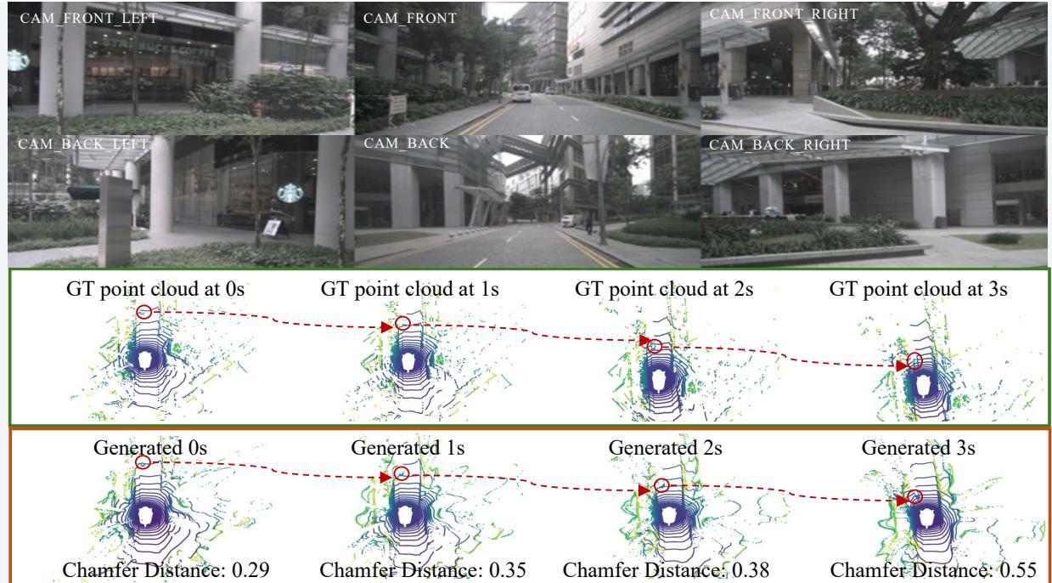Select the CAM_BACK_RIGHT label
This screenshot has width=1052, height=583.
779,144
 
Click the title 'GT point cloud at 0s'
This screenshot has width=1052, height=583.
143,289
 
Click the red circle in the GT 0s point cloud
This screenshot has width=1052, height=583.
145,312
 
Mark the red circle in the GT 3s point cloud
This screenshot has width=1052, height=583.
914,361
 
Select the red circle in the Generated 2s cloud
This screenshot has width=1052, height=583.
662,485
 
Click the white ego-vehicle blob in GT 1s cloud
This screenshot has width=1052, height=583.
409,362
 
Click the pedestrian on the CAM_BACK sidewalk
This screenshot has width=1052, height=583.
587,223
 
